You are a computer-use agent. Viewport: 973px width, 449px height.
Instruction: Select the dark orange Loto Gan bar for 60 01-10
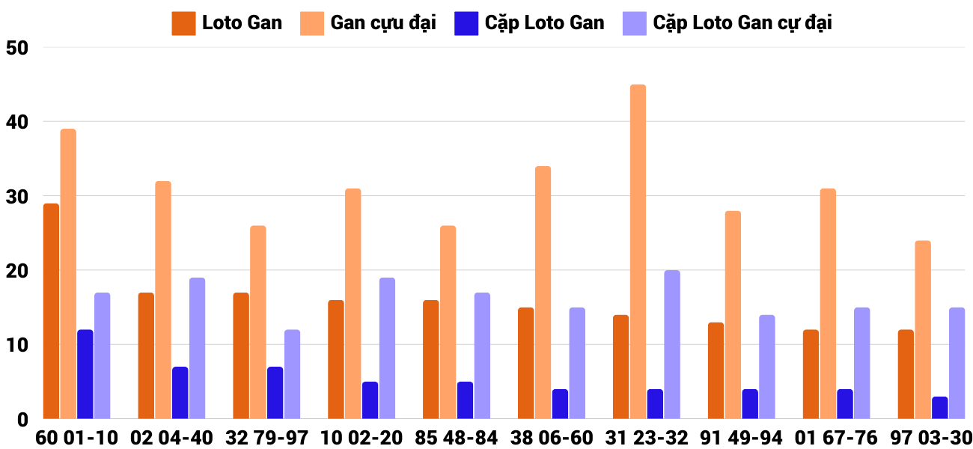point(51,311)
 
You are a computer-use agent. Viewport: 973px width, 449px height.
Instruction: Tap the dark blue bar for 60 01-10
point(85,374)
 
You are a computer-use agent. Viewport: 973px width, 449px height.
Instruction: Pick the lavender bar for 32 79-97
point(292,374)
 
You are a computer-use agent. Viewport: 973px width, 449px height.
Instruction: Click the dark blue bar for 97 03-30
point(940,408)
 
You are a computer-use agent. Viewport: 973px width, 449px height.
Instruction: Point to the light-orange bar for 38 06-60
point(543,293)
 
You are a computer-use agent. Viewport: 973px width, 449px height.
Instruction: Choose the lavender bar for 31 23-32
point(672,345)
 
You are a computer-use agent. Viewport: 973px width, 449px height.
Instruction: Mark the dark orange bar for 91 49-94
point(716,370)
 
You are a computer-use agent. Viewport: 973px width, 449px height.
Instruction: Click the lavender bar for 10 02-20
point(387,349)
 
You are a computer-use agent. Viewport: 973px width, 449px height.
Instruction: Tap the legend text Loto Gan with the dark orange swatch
point(242,23)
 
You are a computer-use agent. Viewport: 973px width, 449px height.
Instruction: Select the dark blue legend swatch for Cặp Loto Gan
point(466,23)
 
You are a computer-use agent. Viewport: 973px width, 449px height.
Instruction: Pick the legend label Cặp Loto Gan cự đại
point(742,23)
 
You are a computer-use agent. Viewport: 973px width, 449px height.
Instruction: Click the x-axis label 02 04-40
point(171,438)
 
